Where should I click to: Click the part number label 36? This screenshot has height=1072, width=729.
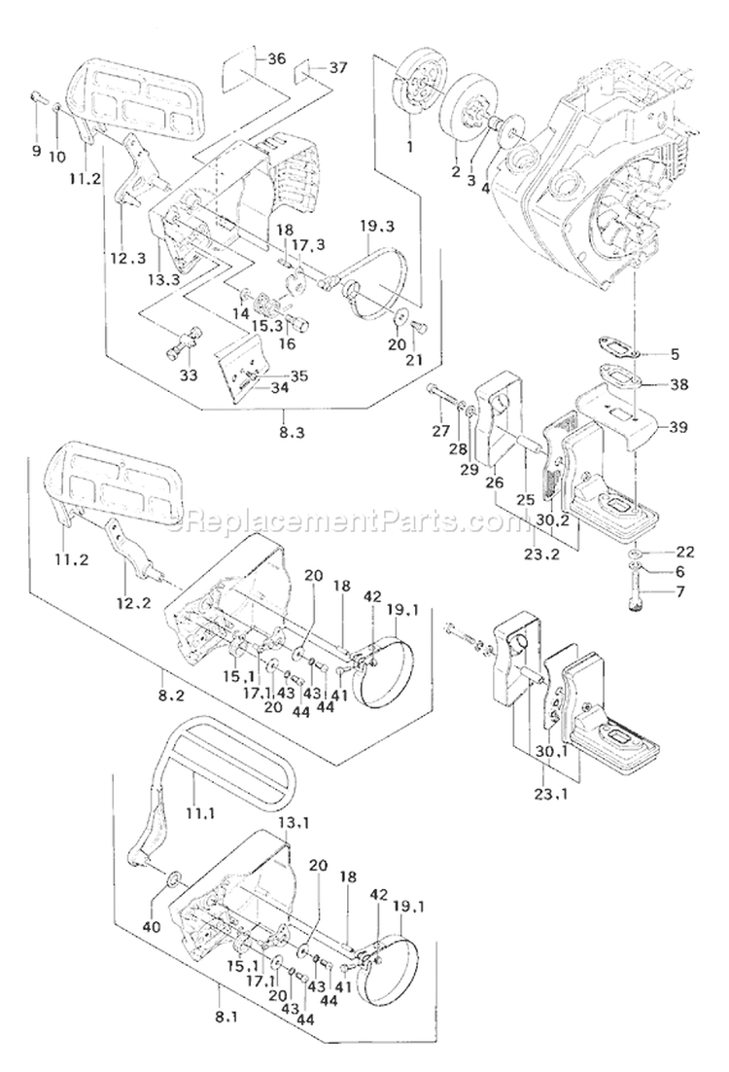276,59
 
